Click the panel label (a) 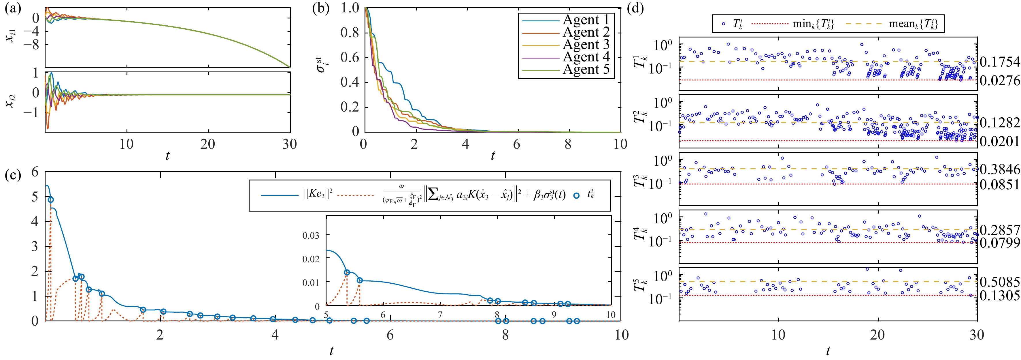click(x=13, y=8)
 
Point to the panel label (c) click(x=13, y=175)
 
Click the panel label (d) click(x=635, y=8)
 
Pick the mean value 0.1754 click(x=999, y=62)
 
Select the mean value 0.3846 click(x=999, y=169)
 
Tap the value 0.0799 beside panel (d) click(x=999, y=242)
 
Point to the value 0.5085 click(x=999, y=282)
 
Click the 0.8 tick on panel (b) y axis click(x=350, y=33)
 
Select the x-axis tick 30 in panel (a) click(x=289, y=144)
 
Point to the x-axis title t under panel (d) click(x=828, y=350)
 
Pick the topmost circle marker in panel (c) click(x=51, y=200)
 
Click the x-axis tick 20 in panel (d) click(x=877, y=335)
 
